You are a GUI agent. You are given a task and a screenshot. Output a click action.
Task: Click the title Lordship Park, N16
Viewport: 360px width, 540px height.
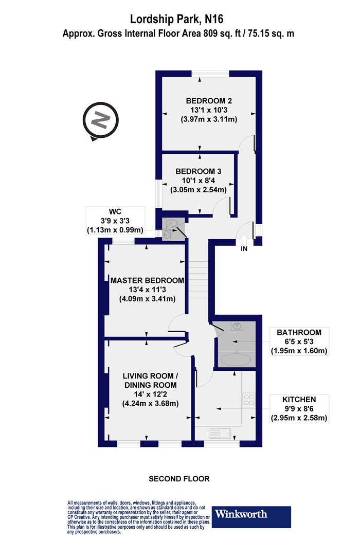click(x=176, y=20)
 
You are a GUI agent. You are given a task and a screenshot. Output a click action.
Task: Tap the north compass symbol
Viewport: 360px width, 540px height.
click(x=100, y=121)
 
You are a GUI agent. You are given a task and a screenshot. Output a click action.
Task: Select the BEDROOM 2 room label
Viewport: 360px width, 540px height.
click(x=209, y=101)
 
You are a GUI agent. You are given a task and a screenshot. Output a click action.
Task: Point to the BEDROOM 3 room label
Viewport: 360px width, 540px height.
click(x=199, y=171)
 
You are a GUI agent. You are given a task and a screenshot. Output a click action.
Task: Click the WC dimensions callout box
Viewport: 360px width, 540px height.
click(x=115, y=221)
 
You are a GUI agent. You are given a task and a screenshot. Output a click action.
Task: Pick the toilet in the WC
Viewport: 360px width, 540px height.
click(x=171, y=224)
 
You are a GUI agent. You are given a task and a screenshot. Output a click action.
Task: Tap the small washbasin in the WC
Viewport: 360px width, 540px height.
click(x=167, y=235)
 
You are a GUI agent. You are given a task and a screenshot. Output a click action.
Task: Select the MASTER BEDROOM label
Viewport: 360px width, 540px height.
click(x=147, y=280)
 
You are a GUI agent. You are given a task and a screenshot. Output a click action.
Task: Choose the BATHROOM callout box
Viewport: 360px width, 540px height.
click(x=299, y=341)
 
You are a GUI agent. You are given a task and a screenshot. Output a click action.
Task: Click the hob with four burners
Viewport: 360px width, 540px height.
click(x=249, y=400)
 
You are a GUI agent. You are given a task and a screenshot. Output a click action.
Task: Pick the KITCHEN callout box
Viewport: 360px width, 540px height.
click(x=299, y=409)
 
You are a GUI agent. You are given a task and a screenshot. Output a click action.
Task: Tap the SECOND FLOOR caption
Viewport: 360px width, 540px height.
click(x=179, y=479)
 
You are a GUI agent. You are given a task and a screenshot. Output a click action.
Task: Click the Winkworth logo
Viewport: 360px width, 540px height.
click(x=251, y=517)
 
